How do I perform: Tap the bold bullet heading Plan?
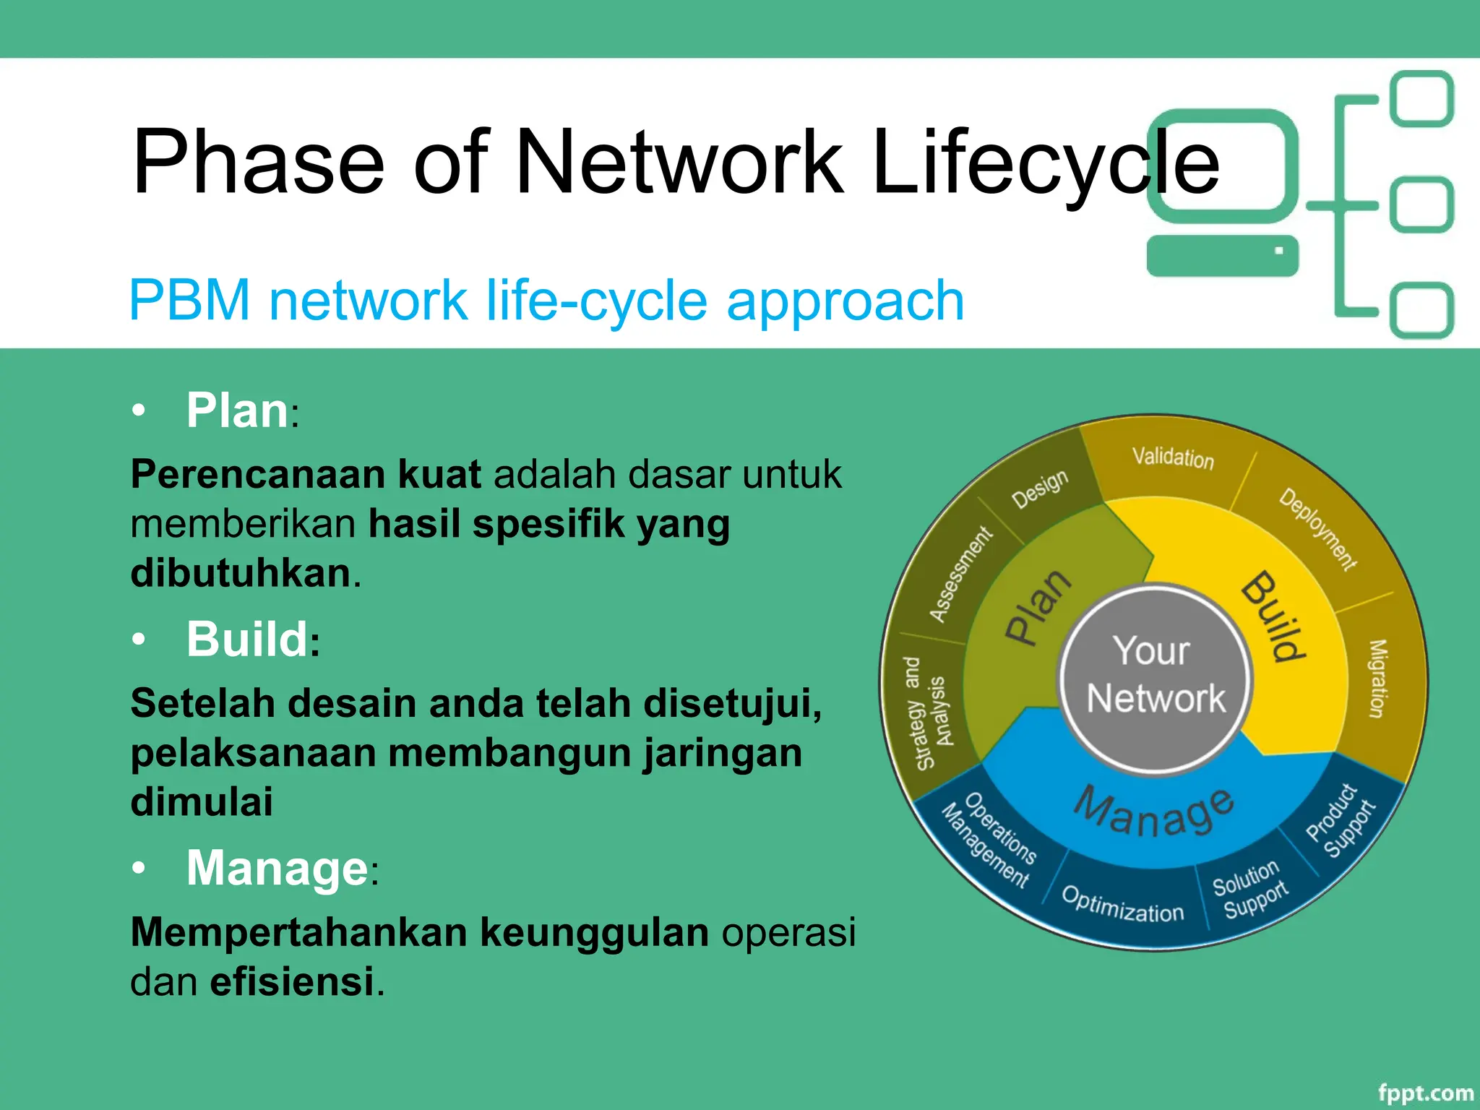[238, 410]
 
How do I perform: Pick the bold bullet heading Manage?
[277, 868]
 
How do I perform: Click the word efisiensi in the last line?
[292, 981]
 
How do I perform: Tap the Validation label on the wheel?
[1172, 457]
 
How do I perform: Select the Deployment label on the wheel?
[1317, 530]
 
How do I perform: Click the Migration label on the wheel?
[1377, 679]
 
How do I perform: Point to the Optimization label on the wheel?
[1122, 904]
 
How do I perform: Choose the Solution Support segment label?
[1250, 889]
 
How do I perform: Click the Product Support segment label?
[1341, 821]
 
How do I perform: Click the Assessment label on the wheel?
[960, 575]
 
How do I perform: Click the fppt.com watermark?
[1425, 1093]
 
